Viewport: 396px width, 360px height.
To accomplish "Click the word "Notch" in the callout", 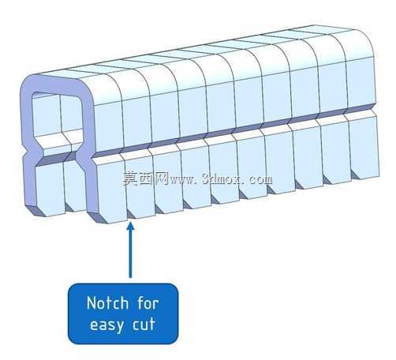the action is [x=108, y=303].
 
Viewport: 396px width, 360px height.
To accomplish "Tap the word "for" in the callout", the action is [x=148, y=303].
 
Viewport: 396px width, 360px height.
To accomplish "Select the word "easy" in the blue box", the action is [x=106, y=325].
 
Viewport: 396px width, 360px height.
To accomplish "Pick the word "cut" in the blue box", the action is [x=144, y=324].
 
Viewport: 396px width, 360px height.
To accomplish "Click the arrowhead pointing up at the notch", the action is [x=130, y=227].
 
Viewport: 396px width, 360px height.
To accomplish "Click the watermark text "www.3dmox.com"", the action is [x=222, y=179].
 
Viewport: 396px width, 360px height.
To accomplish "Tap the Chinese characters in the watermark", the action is [x=146, y=178].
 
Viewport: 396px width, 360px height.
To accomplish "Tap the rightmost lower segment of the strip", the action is [x=365, y=148].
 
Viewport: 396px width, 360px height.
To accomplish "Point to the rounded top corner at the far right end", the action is [x=364, y=39].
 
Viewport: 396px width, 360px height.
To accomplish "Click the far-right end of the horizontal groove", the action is [x=375, y=107].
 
